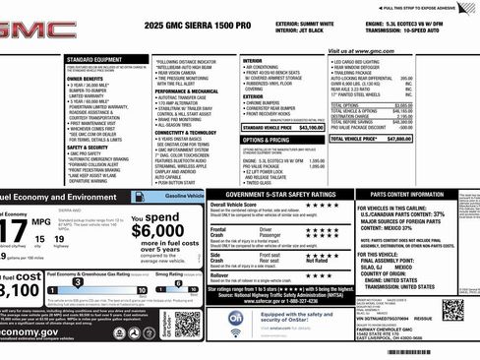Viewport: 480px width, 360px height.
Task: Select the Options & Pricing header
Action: (x=266, y=141)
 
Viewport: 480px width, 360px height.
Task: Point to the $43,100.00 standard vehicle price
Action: (x=309, y=128)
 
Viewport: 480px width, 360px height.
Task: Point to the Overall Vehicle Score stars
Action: (x=322, y=205)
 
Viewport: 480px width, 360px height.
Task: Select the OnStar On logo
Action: (x=237, y=317)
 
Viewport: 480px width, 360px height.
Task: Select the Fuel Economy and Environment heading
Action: (x=59, y=197)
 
